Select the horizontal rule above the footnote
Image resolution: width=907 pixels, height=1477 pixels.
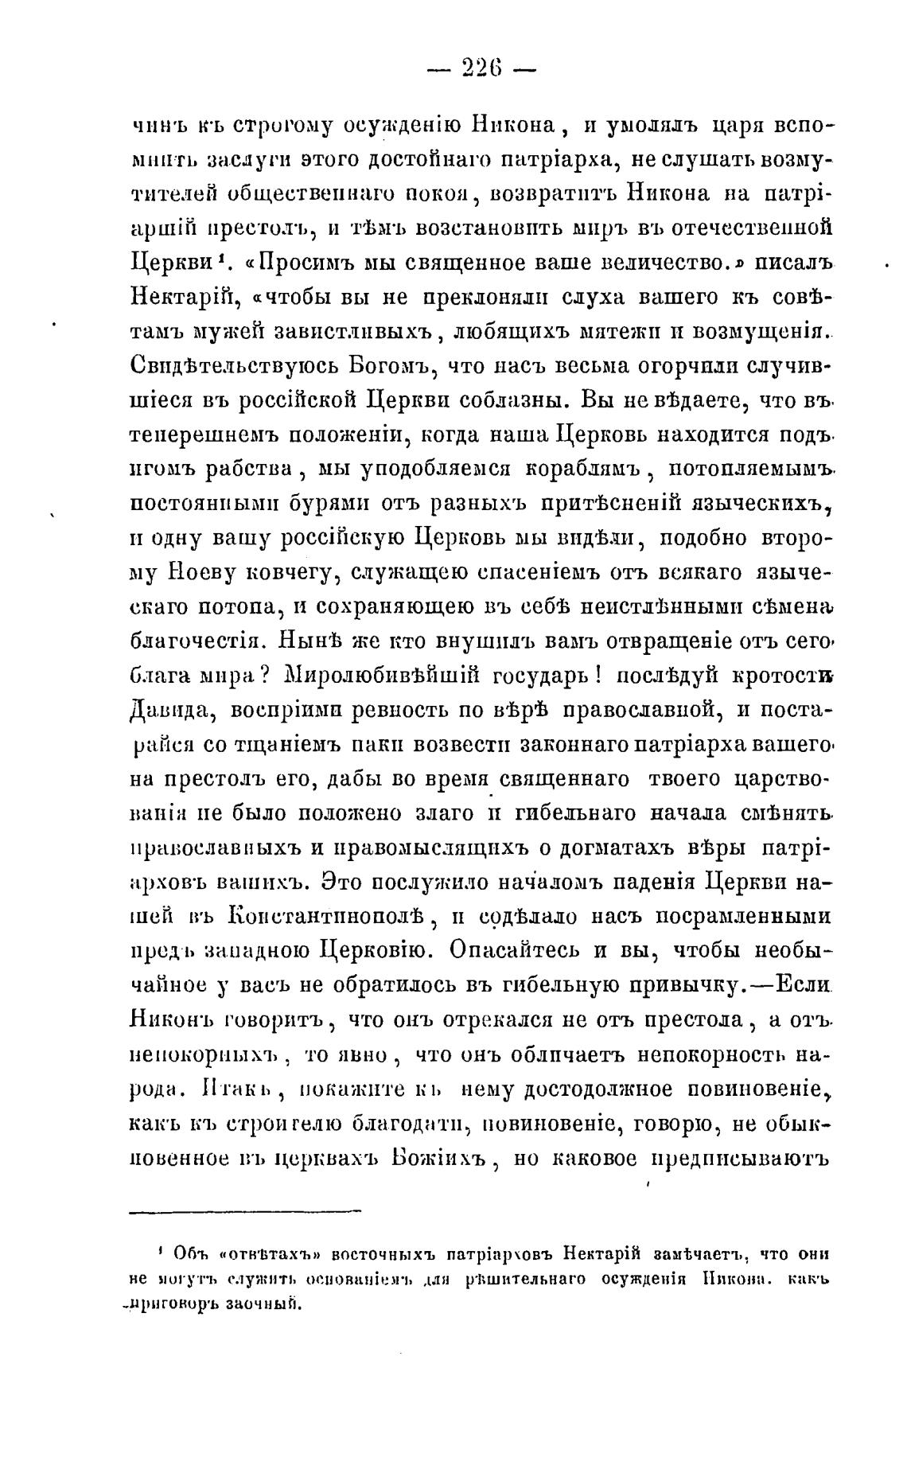click(244, 1212)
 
